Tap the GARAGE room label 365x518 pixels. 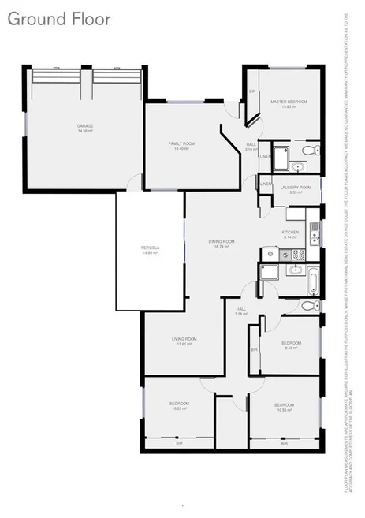pos(85,128)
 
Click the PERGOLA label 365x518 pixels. pos(151,250)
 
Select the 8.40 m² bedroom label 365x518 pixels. pos(291,345)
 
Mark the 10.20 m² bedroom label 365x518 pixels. pos(178,406)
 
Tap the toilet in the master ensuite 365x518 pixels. pos(314,149)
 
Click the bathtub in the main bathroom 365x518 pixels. pos(311,280)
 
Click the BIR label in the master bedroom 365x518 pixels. pos(252,92)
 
